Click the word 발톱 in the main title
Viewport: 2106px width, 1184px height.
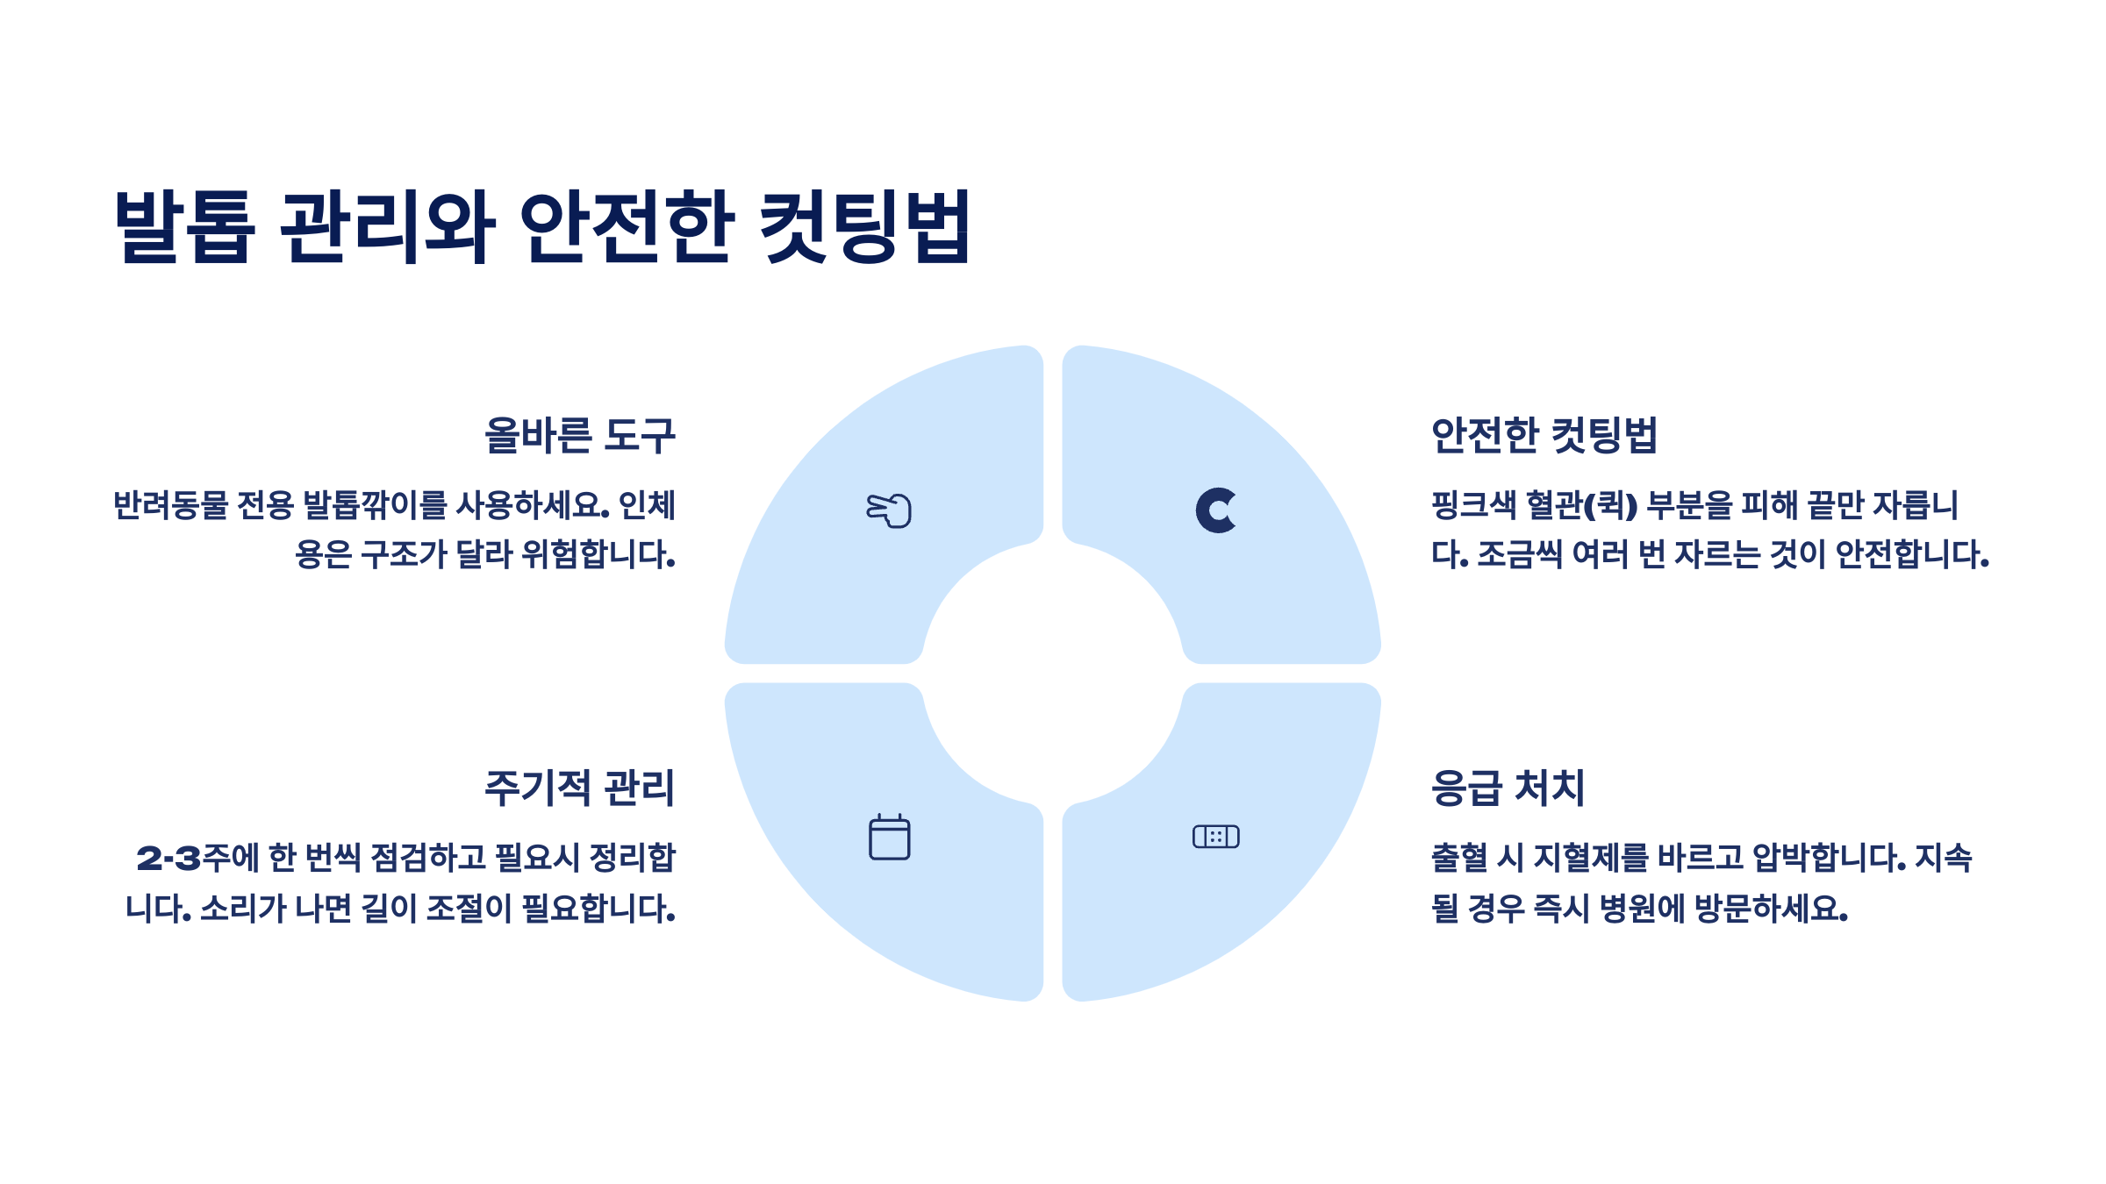click(x=185, y=226)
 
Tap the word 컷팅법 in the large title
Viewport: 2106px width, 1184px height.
click(x=864, y=226)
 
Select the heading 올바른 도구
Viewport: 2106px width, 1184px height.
click(x=580, y=435)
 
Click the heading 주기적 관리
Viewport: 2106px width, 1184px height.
click(x=580, y=788)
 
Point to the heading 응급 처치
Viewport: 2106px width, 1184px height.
click(x=1508, y=788)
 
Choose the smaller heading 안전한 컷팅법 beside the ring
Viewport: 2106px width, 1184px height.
click(x=1544, y=435)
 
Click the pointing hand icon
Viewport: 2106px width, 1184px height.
click(x=889, y=510)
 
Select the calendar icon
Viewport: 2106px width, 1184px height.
click(x=889, y=838)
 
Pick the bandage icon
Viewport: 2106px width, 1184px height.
click(x=1216, y=837)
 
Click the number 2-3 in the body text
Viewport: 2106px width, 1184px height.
click(x=169, y=858)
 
